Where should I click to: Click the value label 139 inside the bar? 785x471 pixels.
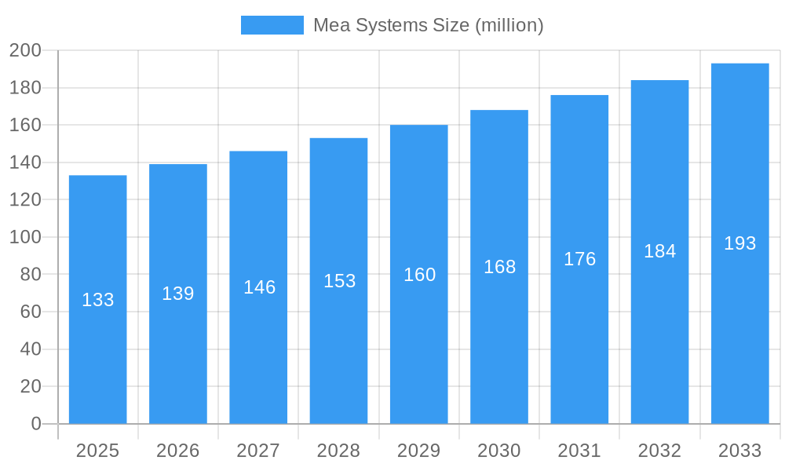point(178,294)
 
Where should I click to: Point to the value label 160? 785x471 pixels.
point(419,275)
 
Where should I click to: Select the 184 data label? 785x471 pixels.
point(659,251)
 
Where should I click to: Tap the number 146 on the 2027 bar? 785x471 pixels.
point(259,287)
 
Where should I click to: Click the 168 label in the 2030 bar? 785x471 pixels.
point(499,267)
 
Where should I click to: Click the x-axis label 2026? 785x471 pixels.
point(178,451)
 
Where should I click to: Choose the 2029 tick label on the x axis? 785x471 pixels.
point(419,451)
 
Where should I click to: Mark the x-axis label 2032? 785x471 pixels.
point(659,451)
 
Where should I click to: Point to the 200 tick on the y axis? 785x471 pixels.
point(25,51)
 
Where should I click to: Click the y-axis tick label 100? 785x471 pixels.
point(25,237)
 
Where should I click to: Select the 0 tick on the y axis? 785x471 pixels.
point(35,424)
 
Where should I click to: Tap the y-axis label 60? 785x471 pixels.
point(30,312)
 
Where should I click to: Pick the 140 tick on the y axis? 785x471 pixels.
point(25,162)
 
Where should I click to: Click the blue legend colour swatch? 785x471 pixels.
point(272,25)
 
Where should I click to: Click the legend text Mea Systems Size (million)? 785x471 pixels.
point(428,25)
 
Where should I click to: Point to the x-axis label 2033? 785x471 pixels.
point(739,451)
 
